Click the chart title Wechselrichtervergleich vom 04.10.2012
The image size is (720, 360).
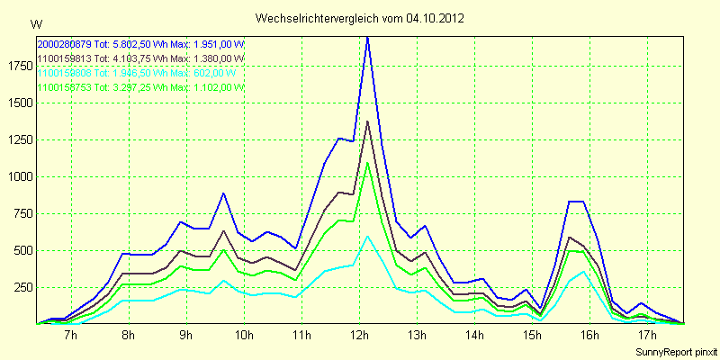pos(360,18)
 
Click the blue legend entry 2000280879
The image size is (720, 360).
pos(65,44)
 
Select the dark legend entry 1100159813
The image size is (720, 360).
pos(65,58)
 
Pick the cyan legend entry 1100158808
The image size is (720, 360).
pos(65,73)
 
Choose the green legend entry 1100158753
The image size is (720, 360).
pos(65,87)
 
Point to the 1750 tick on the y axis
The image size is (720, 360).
pos(17,65)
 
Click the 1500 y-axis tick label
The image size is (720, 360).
pos(17,103)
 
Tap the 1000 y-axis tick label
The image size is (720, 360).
pos(17,176)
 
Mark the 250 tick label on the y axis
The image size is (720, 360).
pos(20,286)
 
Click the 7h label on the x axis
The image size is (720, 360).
pos(71,336)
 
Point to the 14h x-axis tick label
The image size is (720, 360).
pos(474,336)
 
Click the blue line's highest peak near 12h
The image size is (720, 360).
pos(367,38)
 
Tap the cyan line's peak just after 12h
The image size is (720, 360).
pos(367,236)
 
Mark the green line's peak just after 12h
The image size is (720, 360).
pos(367,163)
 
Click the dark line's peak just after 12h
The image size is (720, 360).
pos(367,121)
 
